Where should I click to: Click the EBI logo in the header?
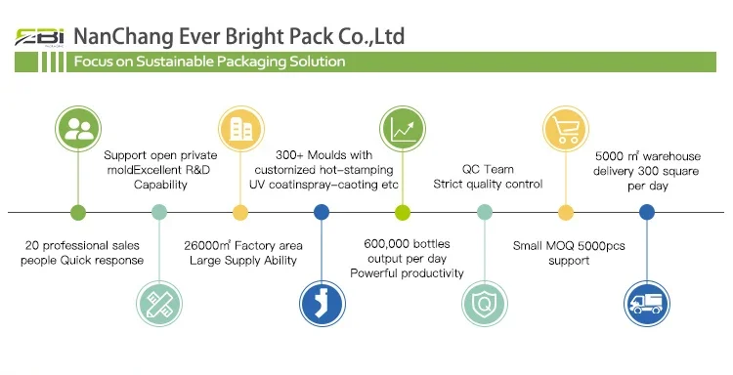(39, 37)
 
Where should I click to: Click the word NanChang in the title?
(123, 37)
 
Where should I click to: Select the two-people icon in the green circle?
(78, 129)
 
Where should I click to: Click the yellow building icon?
(240, 129)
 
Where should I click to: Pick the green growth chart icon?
(403, 129)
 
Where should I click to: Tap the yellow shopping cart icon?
(566, 129)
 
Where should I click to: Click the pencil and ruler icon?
(159, 304)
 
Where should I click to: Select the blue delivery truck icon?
(647, 304)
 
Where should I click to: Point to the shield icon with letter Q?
(485, 304)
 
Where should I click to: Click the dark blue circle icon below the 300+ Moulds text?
(323, 304)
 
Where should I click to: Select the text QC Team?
(488, 169)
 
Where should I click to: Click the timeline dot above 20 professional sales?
(78, 213)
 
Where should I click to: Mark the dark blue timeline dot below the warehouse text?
(647, 213)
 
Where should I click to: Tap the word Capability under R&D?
(160, 185)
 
